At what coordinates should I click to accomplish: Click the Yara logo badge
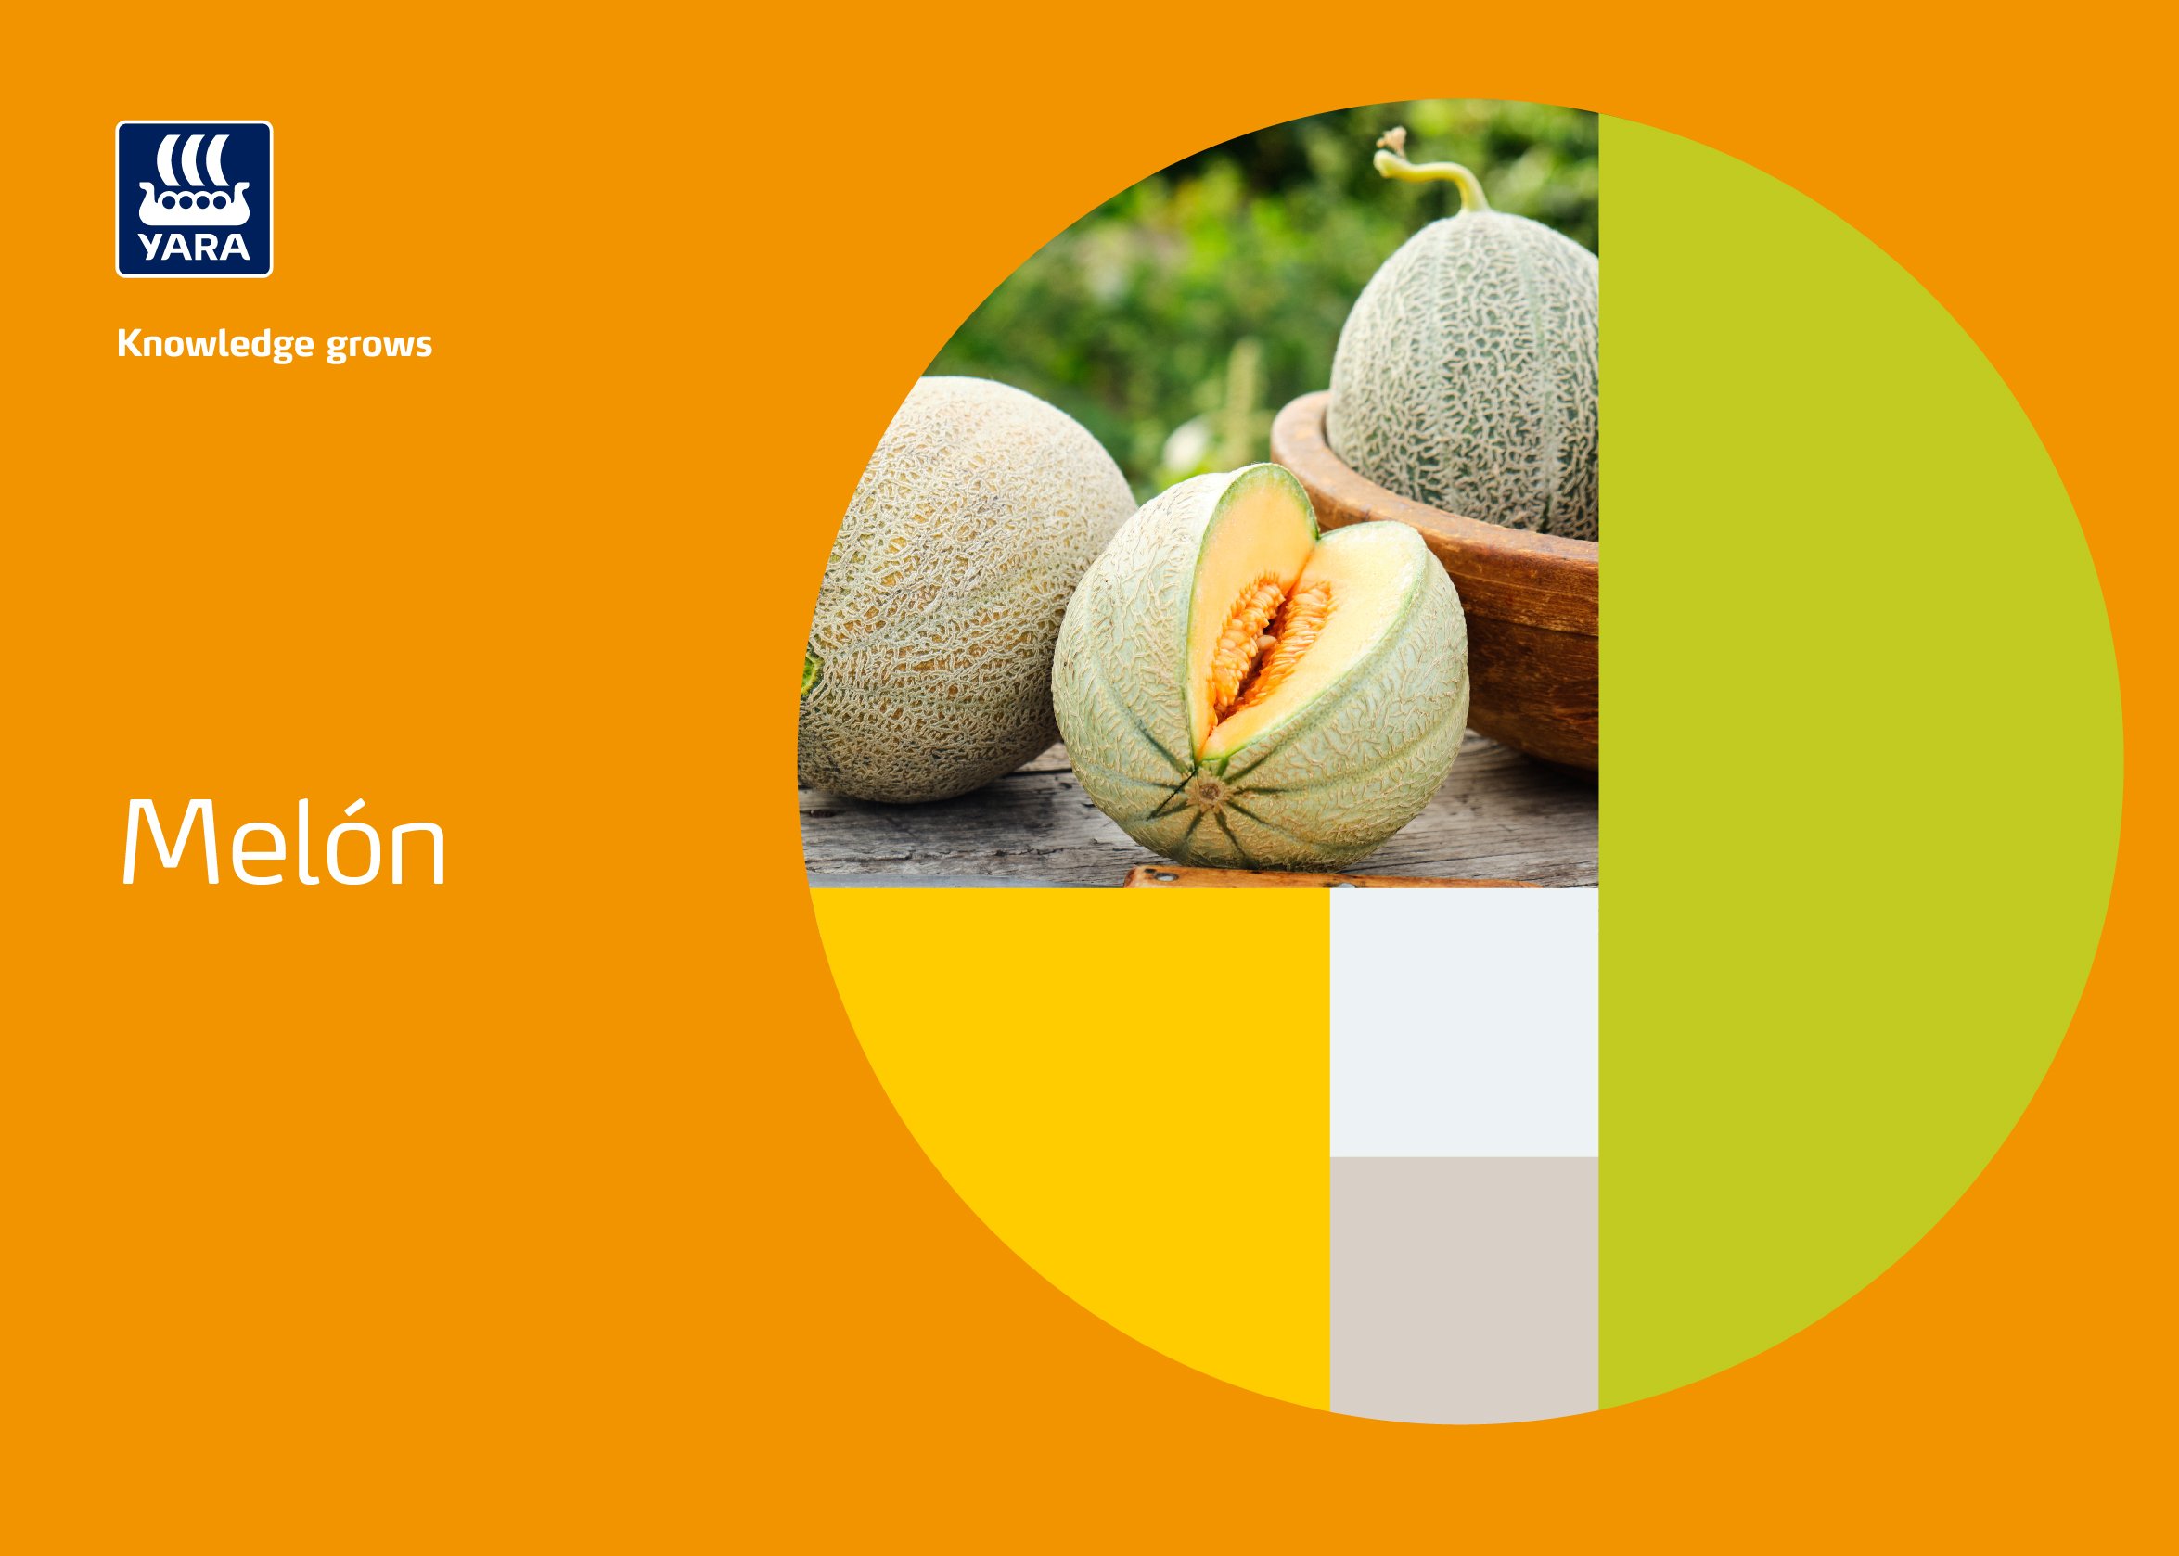pyautogui.click(x=195, y=199)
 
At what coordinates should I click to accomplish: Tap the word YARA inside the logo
pyautogui.click(x=195, y=248)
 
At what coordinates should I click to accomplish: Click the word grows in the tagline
pyautogui.click(x=378, y=345)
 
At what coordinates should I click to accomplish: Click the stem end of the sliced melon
pyautogui.click(x=1210, y=792)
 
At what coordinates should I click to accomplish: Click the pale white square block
pyautogui.click(x=1463, y=1022)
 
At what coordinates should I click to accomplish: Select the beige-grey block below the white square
pyautogui.click(x=1463, y=1284)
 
